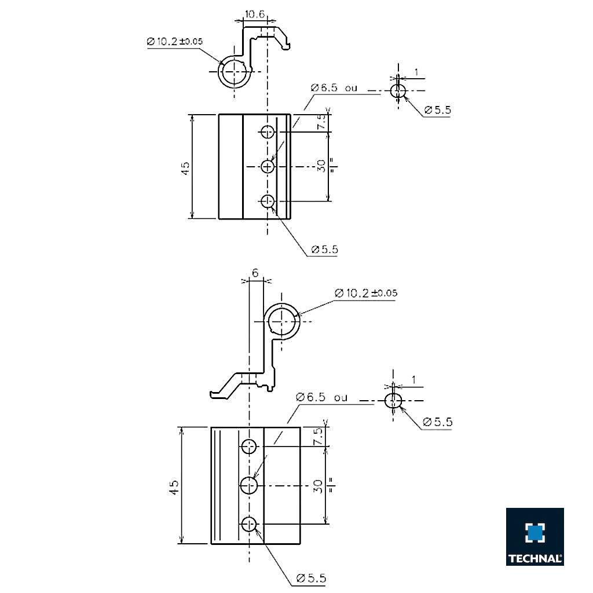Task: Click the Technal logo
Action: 535,536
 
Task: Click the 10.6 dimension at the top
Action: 255,14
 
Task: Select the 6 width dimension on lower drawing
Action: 254,272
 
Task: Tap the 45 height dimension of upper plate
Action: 185,167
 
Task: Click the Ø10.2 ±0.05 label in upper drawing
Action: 174,42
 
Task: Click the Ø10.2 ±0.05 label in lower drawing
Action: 365,293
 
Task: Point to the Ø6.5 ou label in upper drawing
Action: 334,88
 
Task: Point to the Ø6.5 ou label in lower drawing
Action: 321,397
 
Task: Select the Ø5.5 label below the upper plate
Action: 324,250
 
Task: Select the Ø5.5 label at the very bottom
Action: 311,578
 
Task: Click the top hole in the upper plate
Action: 267,132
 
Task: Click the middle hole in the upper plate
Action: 267,167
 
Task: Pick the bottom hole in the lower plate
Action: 249,524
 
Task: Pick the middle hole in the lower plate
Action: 250,485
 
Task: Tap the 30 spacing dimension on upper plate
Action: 321,166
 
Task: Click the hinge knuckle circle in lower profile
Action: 282,320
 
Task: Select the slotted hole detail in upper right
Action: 397,91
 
